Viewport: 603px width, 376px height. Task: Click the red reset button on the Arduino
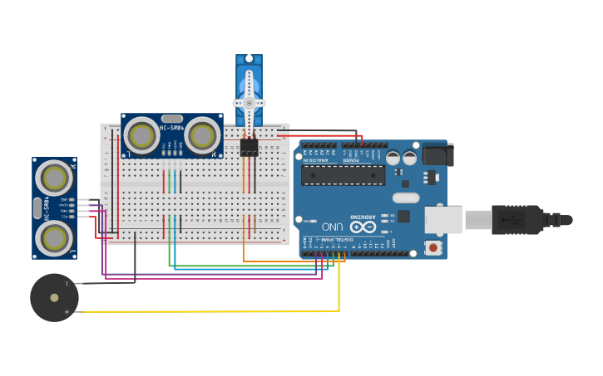point(432,247)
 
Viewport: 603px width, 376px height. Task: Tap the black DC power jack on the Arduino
point(437,155)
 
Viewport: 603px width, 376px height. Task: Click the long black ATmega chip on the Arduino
point(343,174)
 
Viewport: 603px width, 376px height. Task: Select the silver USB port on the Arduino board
point(442,219)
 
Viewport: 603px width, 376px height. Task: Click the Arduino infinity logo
point(362,227)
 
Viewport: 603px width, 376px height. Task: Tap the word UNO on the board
point(332,227)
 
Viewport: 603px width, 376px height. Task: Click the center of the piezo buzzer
point(54,297)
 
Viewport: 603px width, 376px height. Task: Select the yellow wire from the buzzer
point(208,312)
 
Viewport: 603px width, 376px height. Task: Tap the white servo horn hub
point(249,103)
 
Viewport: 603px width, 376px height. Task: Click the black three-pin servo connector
point(249,147)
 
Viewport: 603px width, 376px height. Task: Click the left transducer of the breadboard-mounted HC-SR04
point(141,135)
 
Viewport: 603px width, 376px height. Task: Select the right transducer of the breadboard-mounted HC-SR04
point(202,135)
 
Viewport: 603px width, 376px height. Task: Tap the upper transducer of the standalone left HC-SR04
point(54,178)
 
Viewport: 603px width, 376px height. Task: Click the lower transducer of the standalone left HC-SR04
point(54,238)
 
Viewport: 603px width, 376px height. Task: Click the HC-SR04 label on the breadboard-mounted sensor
point(171,128)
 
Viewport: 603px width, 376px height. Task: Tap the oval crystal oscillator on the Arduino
point(406,198)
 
